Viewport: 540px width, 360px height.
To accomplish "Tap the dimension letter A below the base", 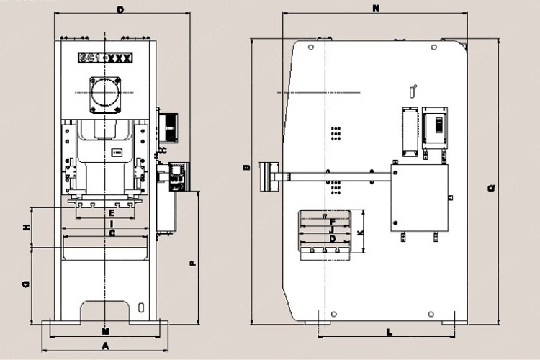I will coord(105,346).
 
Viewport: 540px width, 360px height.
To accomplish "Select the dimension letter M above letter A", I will coord(105,332).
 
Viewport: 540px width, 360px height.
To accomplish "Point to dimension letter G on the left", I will coord(26,284).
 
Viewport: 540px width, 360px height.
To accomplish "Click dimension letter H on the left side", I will coord(26,228).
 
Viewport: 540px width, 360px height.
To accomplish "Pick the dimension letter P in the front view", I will coord(192,264).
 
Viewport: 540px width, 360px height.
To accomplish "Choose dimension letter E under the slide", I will coord(111,214).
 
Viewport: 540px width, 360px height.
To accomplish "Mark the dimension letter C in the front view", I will coord(111,233).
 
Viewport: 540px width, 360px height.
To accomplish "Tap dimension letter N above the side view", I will coord(376,9).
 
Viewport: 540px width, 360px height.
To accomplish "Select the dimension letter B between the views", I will coord(246,168).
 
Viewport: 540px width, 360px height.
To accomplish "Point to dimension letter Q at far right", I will coord(491,188).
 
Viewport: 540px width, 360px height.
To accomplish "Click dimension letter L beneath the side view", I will coord(389,333).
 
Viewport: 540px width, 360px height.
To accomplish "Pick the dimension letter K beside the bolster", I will coord(360,233).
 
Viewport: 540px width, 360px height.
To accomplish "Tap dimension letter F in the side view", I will coord(332,222).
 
